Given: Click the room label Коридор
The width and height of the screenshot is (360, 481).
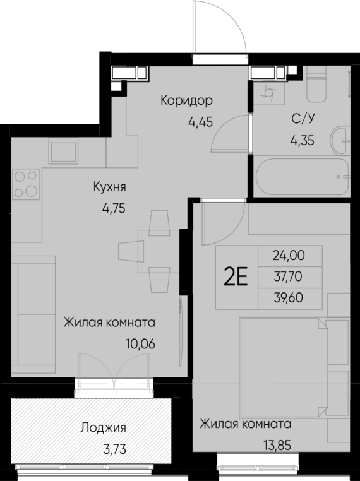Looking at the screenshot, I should click(186, 100).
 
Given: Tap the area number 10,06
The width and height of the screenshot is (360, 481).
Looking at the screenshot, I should click(140, 344).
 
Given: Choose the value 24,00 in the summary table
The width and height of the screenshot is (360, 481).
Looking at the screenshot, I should click(289, 256).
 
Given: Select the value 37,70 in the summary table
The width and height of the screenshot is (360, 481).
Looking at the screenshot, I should click(289, 276).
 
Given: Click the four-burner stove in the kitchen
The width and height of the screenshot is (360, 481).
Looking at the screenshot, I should click(25, 184).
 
